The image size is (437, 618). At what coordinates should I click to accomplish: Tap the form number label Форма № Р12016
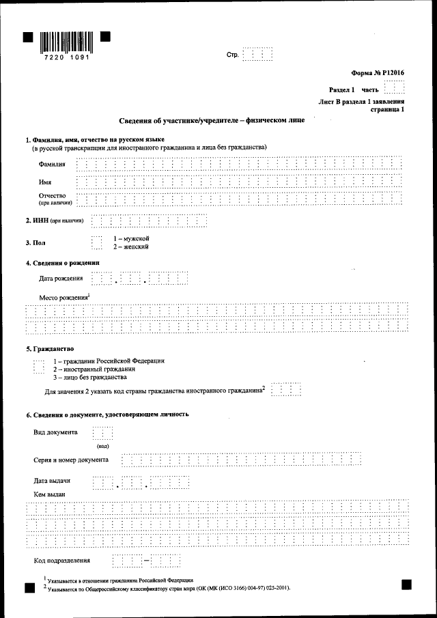coord(378,72)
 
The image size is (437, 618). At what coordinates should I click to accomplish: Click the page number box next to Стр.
coord(257,55)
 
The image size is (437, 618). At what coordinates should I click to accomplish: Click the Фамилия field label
coord(53,165)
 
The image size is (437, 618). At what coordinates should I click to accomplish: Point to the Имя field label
coord(45,182)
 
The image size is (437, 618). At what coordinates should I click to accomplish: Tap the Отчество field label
coord(53,196)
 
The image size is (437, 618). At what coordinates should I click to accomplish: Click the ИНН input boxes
coord(149,221)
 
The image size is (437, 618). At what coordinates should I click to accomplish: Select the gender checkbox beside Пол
coord(96,242)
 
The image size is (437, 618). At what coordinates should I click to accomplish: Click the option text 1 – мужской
coord(131,238)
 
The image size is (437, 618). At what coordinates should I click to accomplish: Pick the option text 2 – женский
coord(131,247)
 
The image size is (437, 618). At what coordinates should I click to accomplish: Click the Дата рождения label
coord(61,279)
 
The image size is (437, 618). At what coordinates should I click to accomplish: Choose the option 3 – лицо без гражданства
coord(89,377)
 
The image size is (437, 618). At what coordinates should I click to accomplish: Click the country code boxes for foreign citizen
coord(286,390)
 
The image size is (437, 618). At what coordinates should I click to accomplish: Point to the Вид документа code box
coord(102,433)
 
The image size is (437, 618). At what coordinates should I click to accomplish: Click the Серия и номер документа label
coord(71,460)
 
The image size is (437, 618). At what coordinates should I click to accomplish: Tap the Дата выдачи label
coord(52,481)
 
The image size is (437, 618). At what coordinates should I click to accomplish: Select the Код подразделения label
coord(62,561)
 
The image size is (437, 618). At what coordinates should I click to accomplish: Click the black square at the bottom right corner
coord(407,584)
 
